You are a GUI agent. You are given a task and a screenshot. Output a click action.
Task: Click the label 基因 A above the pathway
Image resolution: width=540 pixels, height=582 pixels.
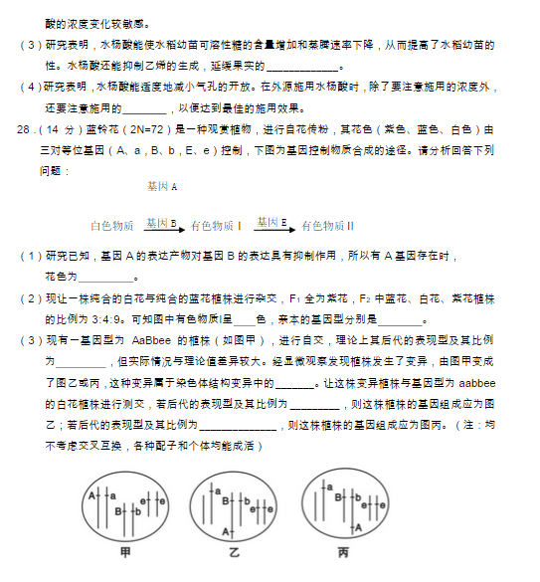tap(161, 187)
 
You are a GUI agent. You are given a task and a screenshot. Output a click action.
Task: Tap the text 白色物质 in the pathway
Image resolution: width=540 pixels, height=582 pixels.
tap(111, 227)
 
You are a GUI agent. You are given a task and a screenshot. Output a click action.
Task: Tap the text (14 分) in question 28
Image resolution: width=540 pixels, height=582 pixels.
tap(63, 130)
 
